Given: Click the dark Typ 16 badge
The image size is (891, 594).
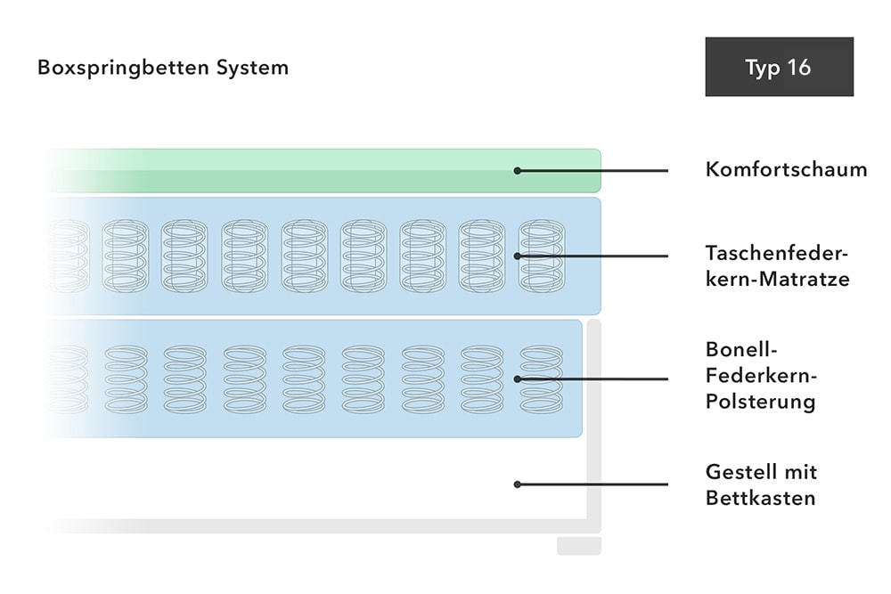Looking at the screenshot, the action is [779, 67].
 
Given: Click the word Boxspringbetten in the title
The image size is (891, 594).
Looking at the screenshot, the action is [123, 69].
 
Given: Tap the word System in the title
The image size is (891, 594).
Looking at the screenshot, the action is [252, 69].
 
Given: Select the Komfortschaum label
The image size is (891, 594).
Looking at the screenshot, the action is [786, 169].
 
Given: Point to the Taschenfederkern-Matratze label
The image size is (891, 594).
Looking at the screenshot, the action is [777, 265].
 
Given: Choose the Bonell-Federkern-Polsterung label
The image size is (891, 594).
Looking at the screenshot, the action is [762, 375].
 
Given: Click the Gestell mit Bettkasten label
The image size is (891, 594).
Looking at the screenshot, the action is [762, 484].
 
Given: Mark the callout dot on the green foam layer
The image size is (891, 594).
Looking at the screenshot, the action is [517, 170].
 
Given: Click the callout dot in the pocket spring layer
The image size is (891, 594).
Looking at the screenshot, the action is [517, 256].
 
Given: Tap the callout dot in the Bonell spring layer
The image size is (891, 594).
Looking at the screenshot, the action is [517, 378].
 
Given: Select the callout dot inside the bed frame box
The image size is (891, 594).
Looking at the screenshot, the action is [517, 484].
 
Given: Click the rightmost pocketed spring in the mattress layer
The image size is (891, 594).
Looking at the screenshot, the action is [542, 256].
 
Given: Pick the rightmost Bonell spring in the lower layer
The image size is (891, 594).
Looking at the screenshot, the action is [542, 378].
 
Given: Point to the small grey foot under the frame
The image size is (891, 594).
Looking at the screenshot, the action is [579, 546].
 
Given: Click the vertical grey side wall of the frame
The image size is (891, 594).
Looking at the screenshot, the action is [593, 427].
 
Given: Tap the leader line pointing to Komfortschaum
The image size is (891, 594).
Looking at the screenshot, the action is [593, 170].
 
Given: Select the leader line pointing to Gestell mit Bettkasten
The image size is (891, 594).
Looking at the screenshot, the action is [593, 484].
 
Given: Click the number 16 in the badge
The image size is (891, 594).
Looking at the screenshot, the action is [799, 67].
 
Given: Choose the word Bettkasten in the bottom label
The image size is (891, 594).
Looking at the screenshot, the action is [760, 498].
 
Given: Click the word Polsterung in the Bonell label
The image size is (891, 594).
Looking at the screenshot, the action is [760, 401].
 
